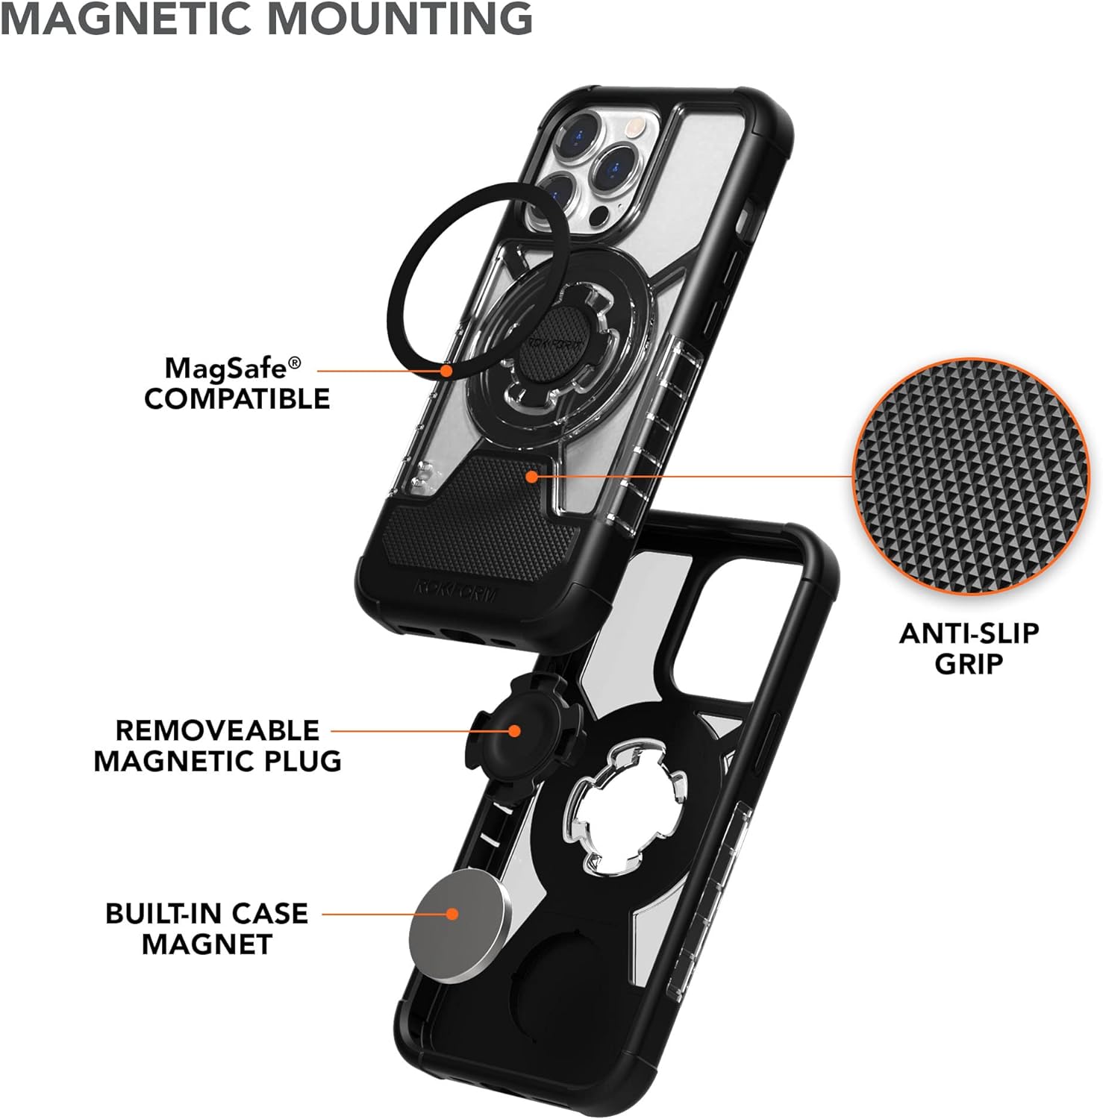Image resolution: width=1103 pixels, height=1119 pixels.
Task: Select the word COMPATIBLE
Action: click(x=237, y=399)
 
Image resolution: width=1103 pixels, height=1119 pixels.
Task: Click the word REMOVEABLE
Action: click(x=217, y=730)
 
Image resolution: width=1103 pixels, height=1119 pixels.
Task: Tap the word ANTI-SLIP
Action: click(x=969, y=633)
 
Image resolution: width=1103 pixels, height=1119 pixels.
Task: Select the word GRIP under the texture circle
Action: click(x=969, y=664)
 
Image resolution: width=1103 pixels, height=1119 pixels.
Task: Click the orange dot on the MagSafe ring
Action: click(x=446, y=369)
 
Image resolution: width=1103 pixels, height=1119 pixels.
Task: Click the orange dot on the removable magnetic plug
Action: click(x=514, y=730)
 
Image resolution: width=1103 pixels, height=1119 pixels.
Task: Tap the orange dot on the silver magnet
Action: click(x=451, y=914)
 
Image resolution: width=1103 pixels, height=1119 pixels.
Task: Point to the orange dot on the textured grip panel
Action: click(x=531, y=475)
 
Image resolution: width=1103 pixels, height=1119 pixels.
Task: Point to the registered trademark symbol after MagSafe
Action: click(x=295, y=362)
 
